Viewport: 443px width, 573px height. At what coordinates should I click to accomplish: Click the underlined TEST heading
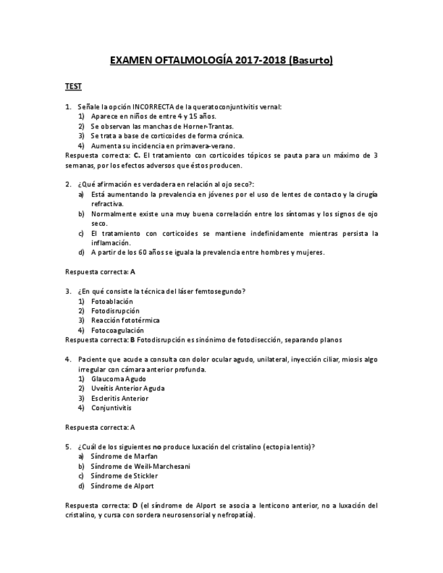(73, 86)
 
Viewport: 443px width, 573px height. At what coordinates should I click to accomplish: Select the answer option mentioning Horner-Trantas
(162, 126)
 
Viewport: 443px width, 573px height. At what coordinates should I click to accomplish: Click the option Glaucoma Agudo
(118, 379)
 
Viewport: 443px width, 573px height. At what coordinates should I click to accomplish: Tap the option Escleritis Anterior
(120, 399)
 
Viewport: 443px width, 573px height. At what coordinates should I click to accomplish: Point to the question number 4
(68, 359)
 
